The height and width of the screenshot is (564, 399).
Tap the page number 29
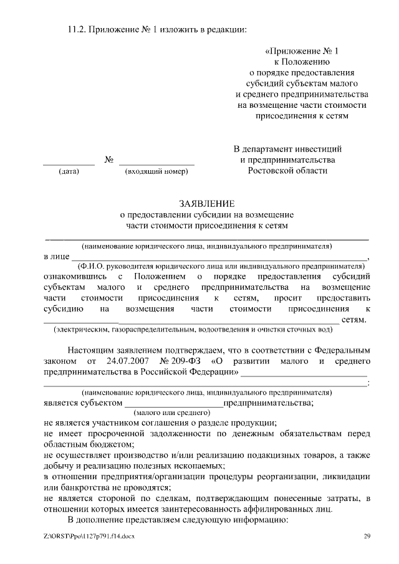pos(367,536)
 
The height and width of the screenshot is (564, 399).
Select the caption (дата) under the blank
pos(68,171)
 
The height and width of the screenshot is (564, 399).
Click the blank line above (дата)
pos(69,163)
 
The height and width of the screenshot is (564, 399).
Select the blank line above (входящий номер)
pos(156,163)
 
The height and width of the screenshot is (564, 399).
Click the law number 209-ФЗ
pos(183,361)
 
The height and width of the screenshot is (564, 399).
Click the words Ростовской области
pos(287,171)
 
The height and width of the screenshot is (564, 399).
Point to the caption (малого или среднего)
pos(170,413)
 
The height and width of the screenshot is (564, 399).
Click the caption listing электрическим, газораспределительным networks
pos(190,329)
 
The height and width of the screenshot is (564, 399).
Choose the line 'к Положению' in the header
pos(303,62)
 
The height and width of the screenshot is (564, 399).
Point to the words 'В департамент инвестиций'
pos(287,149)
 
